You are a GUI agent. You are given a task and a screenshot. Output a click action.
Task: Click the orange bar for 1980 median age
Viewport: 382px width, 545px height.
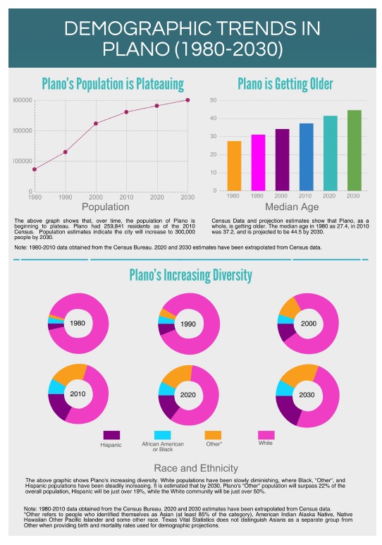(234, 166)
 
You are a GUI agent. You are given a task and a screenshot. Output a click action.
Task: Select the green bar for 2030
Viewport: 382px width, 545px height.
(354, 150)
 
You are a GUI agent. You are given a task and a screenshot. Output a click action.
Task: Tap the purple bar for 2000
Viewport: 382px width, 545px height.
(282, 159)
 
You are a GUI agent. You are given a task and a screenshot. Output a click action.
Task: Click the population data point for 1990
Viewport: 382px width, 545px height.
(65, 152)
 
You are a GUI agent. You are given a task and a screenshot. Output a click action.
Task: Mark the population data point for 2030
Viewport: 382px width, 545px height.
(187, 100)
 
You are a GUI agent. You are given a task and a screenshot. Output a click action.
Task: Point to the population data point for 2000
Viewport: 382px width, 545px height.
(96, 123)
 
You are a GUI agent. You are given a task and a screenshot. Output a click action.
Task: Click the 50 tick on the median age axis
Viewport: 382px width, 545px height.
(213, 100)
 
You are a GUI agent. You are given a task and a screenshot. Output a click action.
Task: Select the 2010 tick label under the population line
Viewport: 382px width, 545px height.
(126, 197)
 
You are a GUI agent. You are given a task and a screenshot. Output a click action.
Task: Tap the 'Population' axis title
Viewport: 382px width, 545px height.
(106, 207)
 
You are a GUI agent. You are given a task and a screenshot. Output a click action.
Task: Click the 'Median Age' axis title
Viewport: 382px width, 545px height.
(292, 207)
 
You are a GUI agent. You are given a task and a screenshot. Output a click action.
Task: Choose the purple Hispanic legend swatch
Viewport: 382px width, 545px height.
(111, 435)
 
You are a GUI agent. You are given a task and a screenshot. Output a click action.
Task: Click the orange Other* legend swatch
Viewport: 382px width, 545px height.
(213, 435)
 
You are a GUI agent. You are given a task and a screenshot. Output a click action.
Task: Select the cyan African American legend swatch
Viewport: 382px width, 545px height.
(162, 435)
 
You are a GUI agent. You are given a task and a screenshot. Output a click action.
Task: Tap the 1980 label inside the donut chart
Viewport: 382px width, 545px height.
(78, 323)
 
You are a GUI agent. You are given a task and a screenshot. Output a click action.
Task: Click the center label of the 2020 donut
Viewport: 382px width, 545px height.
(187, 395)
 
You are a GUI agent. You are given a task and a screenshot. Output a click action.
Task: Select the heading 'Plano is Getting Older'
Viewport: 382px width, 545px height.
(292, 85)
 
